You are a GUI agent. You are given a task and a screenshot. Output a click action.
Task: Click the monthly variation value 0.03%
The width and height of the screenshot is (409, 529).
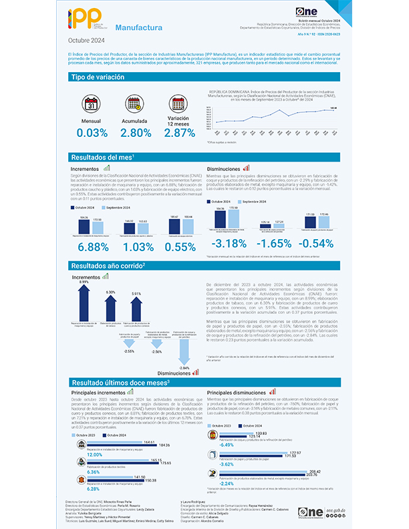[92, 133]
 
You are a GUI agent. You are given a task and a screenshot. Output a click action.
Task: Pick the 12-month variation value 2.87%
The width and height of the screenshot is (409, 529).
[179, 133]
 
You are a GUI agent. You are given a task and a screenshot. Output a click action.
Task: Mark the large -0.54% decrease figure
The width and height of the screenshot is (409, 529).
[326, 243]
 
